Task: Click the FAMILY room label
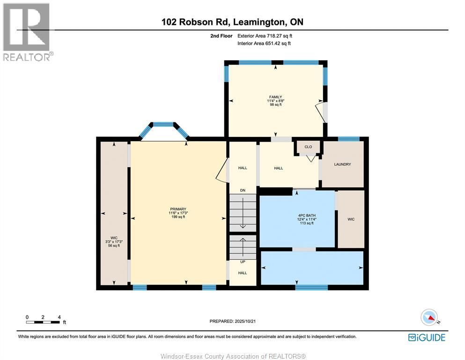coord(275,97)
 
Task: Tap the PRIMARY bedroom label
coord(178,209)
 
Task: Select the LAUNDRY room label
coord(342,165)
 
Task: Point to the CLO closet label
coord(308,147)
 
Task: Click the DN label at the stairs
coord(243,190)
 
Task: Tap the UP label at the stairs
coord(243,262)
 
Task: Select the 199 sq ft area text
coord(178,217)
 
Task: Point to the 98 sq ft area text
coord(275,105)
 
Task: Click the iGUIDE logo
coord(426,337)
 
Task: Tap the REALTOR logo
coord(27,32)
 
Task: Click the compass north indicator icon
coord(429,317)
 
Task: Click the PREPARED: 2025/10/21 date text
coord(233,321)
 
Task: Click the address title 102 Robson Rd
coord(232,22)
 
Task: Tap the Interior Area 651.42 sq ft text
coord(264,44)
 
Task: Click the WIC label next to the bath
coord(351,219)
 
